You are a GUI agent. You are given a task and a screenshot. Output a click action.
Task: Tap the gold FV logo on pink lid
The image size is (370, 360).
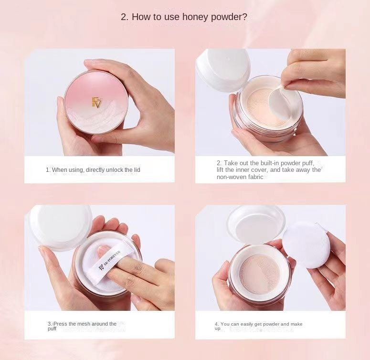tap(96, 103)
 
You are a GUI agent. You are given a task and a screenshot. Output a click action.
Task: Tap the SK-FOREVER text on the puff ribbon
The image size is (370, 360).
tap(109, 260)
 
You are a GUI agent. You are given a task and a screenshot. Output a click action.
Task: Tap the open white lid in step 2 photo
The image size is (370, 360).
tap(223, 70)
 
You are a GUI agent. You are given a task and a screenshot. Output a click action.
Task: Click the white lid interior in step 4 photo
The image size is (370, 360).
tap(256, 225)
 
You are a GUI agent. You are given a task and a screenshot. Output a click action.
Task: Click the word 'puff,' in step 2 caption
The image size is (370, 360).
tap(308, 163)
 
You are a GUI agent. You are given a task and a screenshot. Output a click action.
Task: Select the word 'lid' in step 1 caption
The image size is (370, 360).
tap(137, 170)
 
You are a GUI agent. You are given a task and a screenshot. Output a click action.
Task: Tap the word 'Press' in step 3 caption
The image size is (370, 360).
tap(61, 324)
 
